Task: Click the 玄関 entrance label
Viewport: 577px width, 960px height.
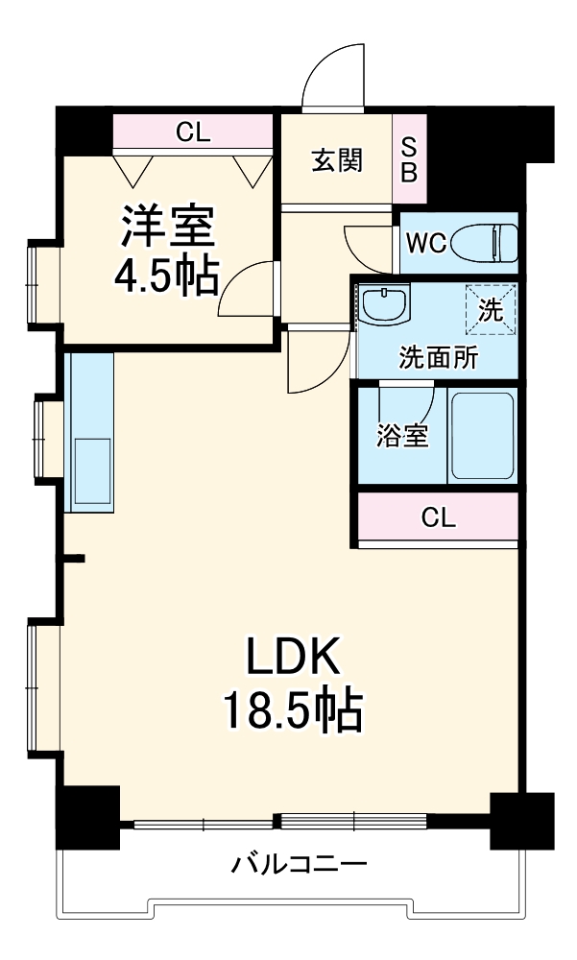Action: [x=336, y=160]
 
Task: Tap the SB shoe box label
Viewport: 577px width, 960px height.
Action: [x=409, y=159]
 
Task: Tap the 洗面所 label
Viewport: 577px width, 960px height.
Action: [x=438, y=358]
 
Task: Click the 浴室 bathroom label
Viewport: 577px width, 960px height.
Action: [x=401, y=436]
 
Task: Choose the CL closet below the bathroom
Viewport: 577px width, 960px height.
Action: [x=438, y=518]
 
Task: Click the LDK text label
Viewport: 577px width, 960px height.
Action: [x=292, y=660]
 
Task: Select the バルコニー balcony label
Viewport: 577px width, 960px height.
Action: [x=299, y=864]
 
